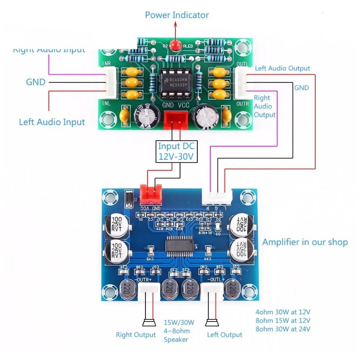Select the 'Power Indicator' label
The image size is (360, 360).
tap(177, 15)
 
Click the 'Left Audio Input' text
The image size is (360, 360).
tap(52, 122)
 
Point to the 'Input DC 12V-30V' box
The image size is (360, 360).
tap(176, 151)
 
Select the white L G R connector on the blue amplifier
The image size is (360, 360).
tap(218, 197)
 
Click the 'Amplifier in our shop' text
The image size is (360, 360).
tap(305, 242)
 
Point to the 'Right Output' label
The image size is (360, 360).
tap(136, 335)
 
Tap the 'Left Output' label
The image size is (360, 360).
tap(224, 335)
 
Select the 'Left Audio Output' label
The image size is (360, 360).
tap(282, 68)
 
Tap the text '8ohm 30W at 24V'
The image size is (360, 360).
tap(283, 329)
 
